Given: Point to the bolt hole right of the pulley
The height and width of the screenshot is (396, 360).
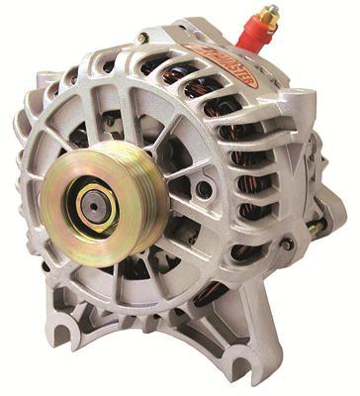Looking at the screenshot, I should [x=204, y=188].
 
